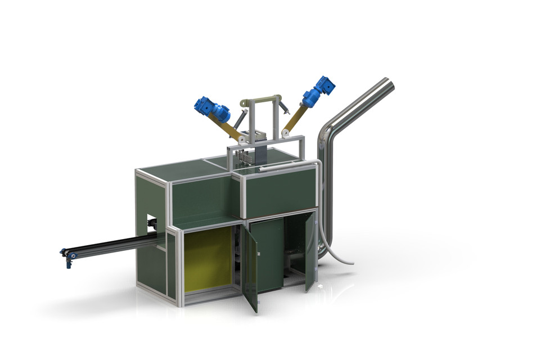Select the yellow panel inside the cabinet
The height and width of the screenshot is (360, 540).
click(207, 259)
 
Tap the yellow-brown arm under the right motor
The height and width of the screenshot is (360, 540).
click(293, 121)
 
